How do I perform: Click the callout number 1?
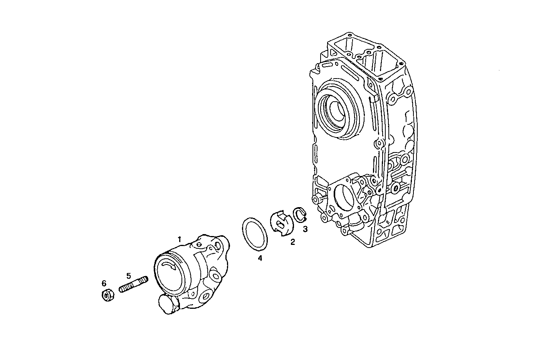click(x=179, y=239)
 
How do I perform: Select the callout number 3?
click(x=305, y=229)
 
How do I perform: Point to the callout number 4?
click(x=260, y=258)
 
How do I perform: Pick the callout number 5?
click(x=129, y=276)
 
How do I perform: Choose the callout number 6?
click(x=104, y=283)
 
